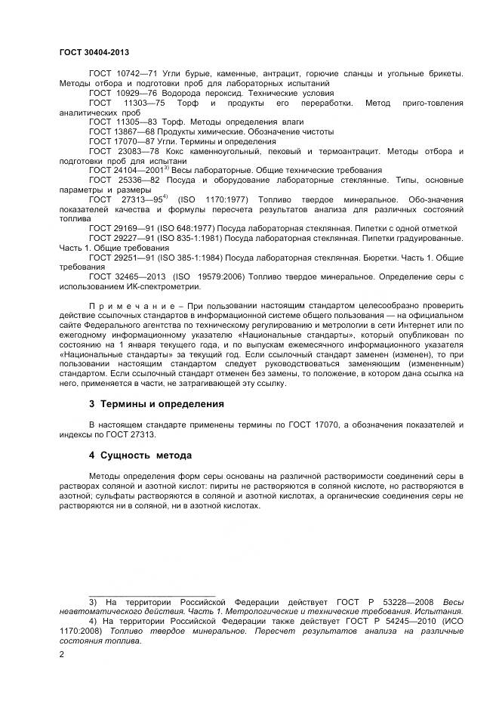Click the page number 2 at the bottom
pyautogui.click(x=61, y=655)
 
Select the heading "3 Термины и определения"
pyautogui.click(x=156, y=404)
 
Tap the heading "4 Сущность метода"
pyautogui.click(x=140, y=455)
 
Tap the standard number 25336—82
pyautogui.click(x=146, y=181)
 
